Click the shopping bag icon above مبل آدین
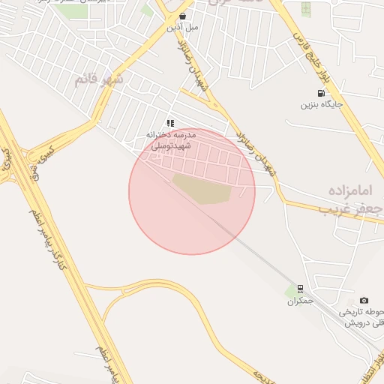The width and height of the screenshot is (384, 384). [x=183, y=16]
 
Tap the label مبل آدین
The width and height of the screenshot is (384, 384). [x=183, y=27]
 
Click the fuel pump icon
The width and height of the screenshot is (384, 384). [x=322, y=94]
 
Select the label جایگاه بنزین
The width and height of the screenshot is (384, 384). [x=322, y=104]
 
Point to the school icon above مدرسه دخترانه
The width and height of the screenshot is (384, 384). [x=171, y=123]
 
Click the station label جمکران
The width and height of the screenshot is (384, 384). [x=299, y=301]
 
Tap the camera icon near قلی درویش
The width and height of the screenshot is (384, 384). [x=364, y=301]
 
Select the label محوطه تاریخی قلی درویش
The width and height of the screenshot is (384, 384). [x=364, y=317]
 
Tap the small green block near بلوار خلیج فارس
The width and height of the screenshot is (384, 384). [x=306, y=8]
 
